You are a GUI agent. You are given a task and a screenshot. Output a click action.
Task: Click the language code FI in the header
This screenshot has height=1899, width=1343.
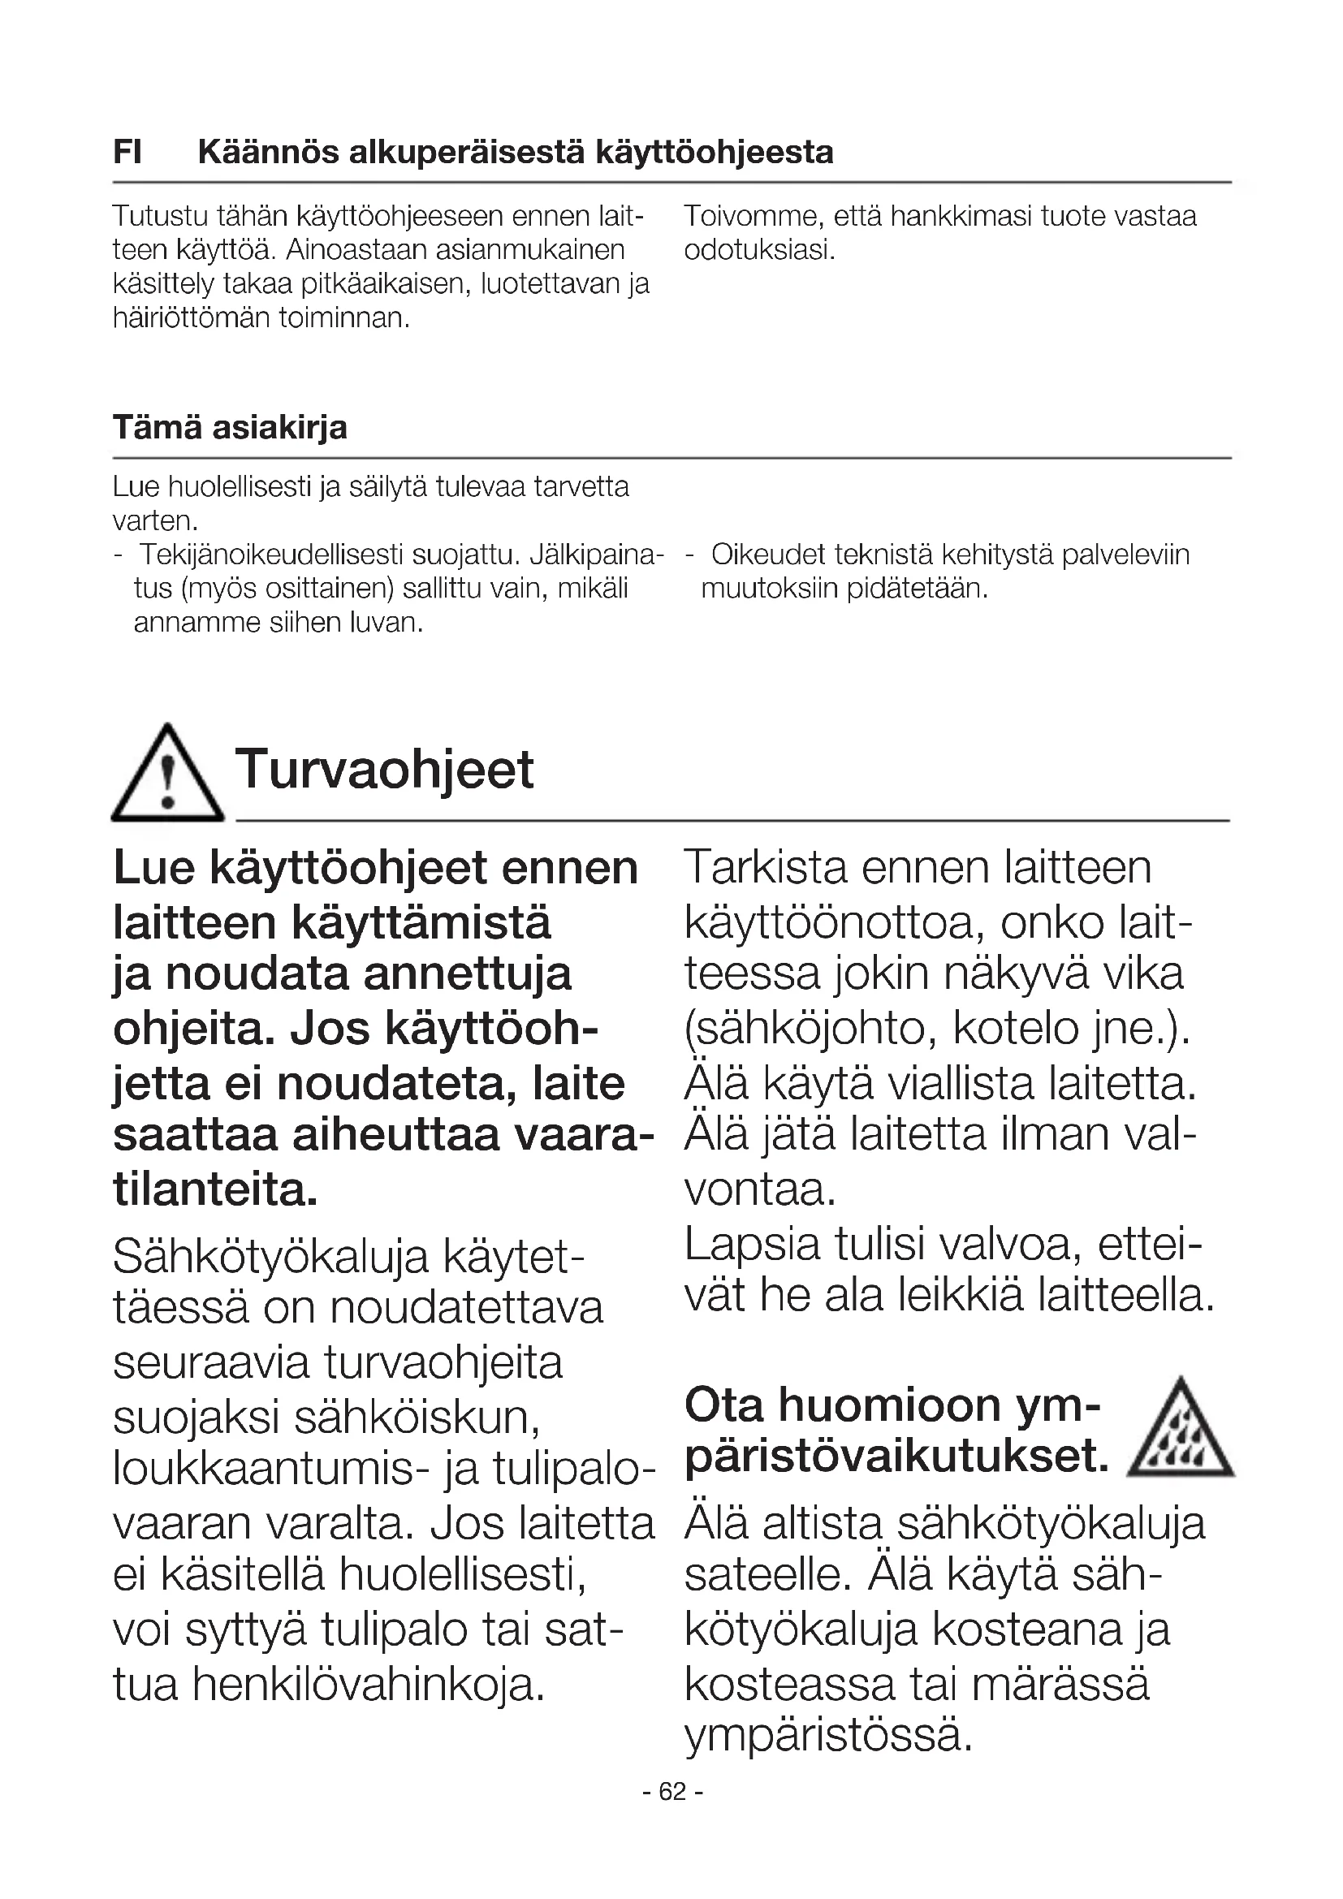coord(127,153)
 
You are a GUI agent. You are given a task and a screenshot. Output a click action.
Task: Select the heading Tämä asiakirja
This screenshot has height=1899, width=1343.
coord(230,428)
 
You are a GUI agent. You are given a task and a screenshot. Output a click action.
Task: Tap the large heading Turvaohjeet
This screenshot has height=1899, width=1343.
coord(385,769)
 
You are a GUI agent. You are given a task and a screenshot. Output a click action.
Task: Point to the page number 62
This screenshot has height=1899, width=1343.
coord(672,1792)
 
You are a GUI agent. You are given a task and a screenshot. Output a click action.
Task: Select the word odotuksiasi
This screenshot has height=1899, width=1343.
coord(759,251)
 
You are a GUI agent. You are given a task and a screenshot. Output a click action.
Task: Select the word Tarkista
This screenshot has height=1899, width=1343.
coord(766,868)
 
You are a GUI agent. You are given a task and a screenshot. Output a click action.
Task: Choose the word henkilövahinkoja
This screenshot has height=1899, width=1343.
coord(368,1685)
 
